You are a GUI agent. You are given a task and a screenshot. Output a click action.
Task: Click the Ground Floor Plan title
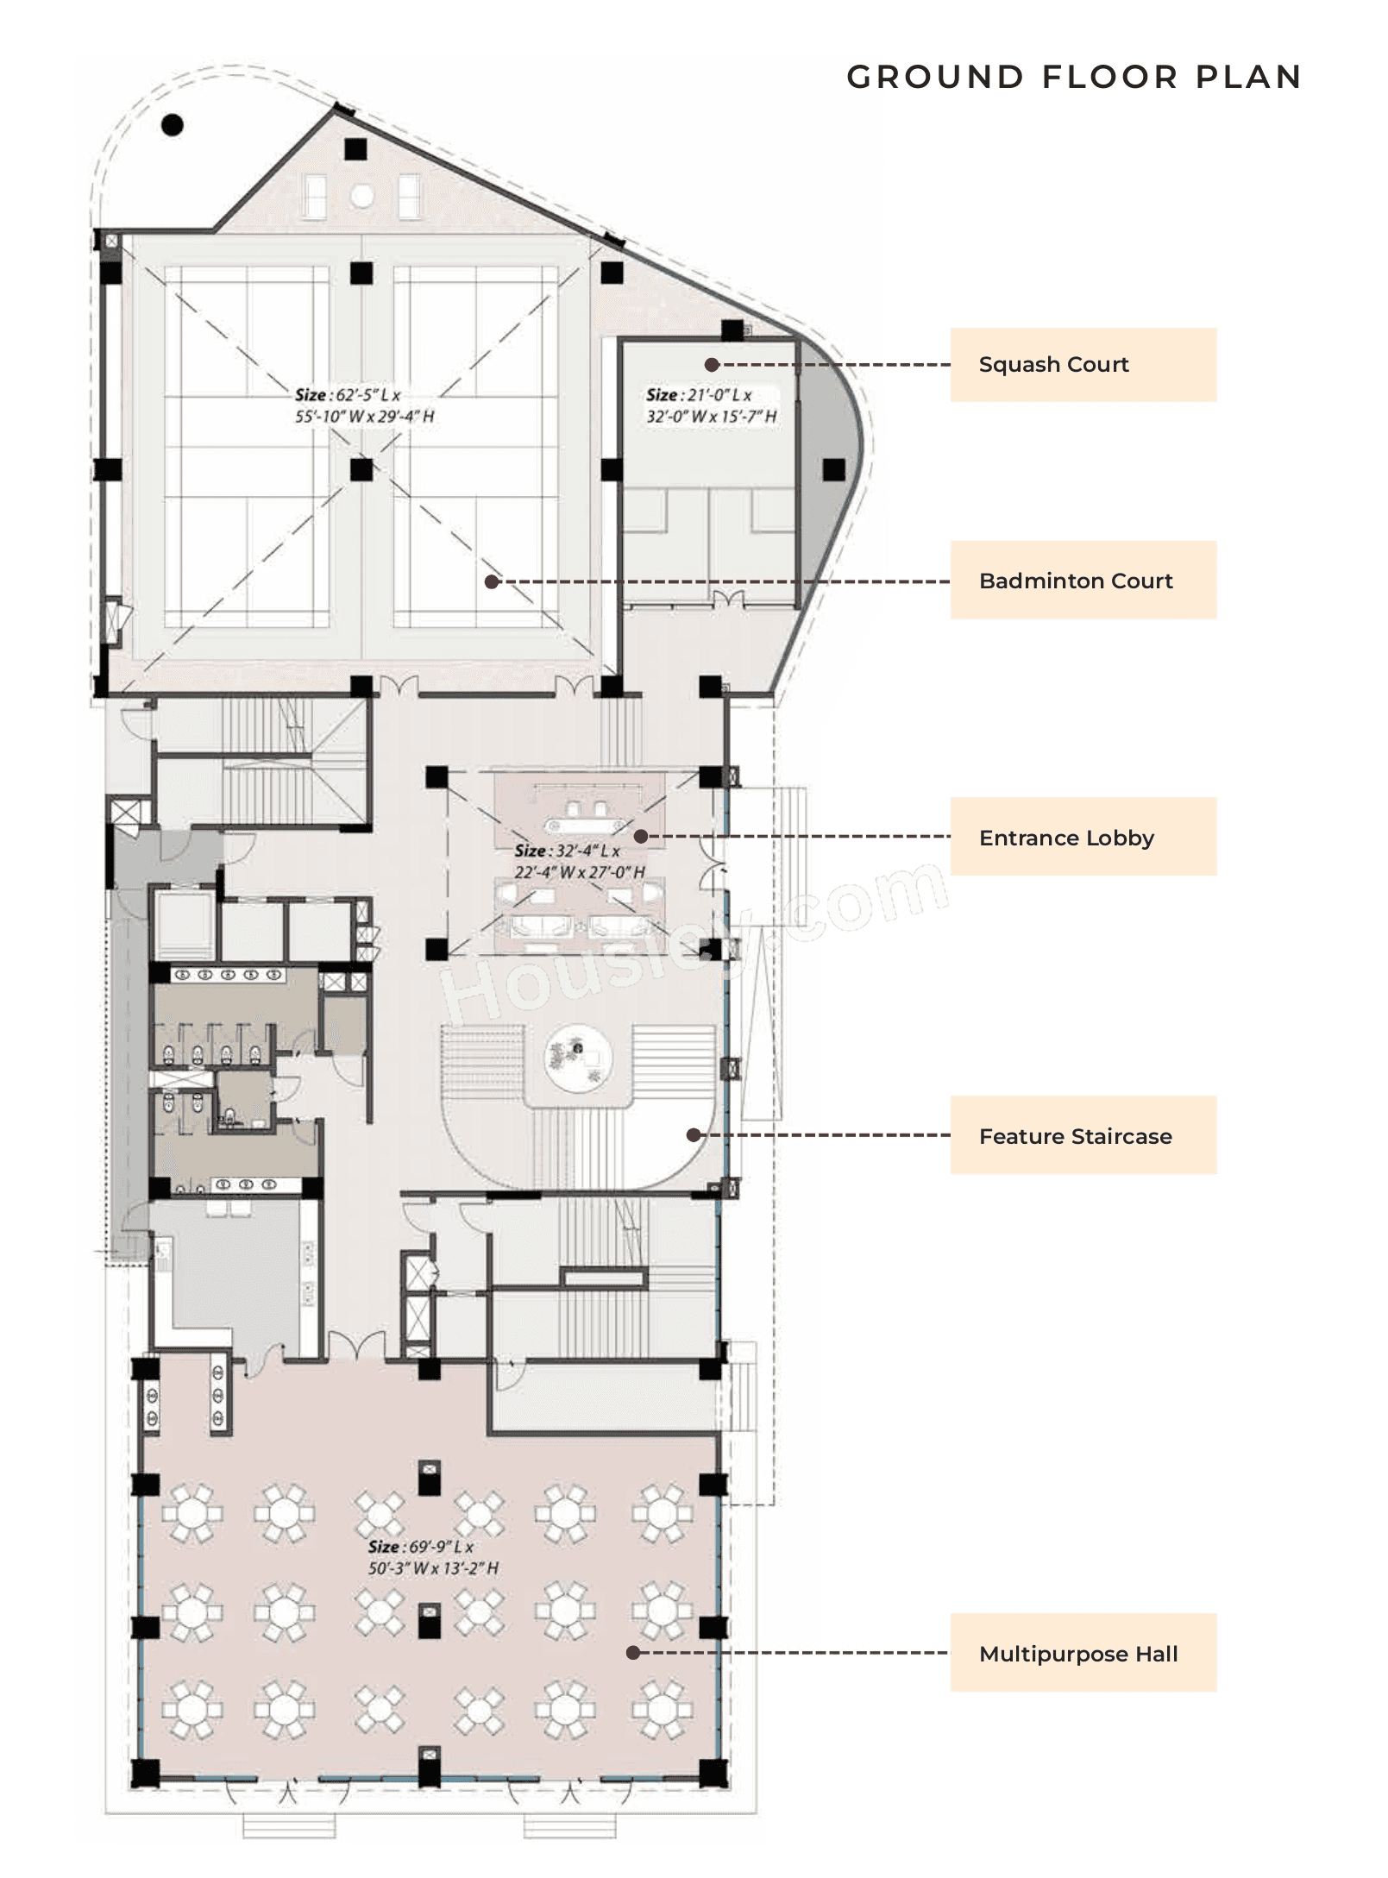[1073, 77]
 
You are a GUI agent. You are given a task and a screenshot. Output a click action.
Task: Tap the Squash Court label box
[1083, 364]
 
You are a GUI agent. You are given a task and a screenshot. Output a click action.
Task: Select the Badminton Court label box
[1083, 580]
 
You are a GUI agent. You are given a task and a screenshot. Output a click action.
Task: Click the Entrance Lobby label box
[1083, 836]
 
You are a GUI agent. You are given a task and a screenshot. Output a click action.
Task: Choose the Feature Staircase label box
[1083, 1135]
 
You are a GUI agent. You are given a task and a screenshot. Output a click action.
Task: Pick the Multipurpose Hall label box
[1083, 1653]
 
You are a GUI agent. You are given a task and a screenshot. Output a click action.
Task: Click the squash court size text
[711, 405]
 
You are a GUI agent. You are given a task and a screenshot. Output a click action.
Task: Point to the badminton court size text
[364, 405]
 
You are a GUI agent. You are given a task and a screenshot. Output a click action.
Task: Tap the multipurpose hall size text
[433, 1558]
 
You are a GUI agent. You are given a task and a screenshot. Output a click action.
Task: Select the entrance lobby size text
[579, 861]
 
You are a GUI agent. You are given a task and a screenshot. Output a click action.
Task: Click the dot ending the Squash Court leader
[712, 365]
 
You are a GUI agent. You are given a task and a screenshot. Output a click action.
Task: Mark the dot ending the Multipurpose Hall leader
[633, 1653]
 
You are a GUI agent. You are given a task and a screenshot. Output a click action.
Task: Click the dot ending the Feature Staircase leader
[694, 1135]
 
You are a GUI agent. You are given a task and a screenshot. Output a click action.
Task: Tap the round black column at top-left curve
[173, 125]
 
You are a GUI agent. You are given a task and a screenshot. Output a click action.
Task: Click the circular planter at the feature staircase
[578, 1058]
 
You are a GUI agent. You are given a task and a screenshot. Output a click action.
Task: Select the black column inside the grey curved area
[833, 469]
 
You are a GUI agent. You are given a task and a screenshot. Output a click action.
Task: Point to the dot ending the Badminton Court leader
[492, 581]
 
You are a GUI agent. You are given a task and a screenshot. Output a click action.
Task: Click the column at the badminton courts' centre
[361, 469]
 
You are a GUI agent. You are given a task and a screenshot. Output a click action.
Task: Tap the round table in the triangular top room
[361, 197]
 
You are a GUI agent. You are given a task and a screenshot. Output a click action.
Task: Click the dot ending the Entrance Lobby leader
[641, 836]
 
